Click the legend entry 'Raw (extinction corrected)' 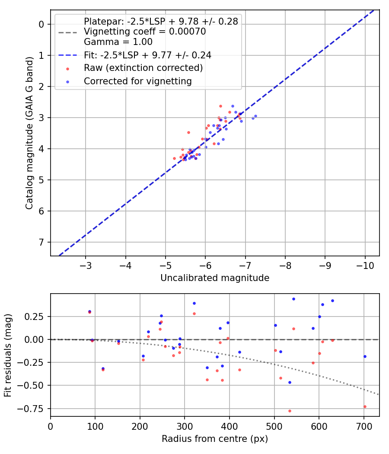[x=143, y=68]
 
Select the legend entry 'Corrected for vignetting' [x=137, y=81]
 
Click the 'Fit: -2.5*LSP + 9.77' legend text [x=147, y=55]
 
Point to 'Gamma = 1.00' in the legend [x=118, y=42]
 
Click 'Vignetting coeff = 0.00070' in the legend [x=145, y=32]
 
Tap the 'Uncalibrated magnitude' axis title [x=215, y=278]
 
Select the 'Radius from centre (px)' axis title [x=215, y=439]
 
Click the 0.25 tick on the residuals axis [x=36, y=317]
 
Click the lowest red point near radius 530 [x=290, y=411]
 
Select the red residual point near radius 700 [x=365, y=406]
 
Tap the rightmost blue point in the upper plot [x=255, y=116]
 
